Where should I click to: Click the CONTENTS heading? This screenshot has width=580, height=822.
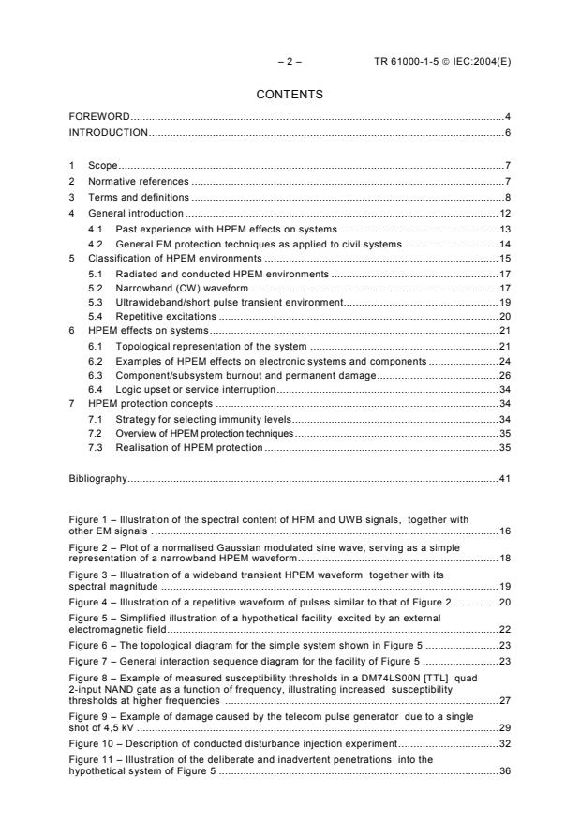[290, 95]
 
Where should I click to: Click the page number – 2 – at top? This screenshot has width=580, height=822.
[289, 61]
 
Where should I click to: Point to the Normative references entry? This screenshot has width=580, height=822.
[139, 181]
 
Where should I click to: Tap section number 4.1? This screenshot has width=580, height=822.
[95, 229]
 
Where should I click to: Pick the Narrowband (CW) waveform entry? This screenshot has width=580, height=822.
[175, 289]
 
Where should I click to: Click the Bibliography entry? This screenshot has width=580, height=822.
[97, 479]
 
